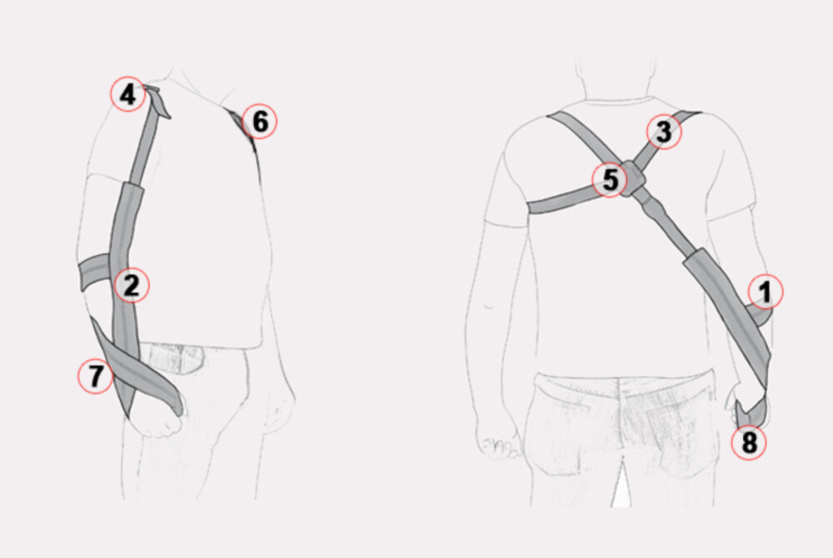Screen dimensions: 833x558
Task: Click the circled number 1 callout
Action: click(765, 292)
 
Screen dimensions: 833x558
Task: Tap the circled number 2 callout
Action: click(132, 285)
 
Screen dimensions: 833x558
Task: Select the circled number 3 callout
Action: click(664, 132)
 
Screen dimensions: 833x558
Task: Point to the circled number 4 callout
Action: click(127, 94)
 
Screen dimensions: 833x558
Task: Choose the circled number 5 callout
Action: click(610, 180)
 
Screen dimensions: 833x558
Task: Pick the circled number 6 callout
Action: click(260, 121)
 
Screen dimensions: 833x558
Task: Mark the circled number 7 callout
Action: click(96, 376)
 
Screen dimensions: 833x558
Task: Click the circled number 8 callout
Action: click(749, 442)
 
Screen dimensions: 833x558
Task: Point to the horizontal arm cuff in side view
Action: click(96, 272)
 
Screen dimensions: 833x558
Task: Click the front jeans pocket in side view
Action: click(172, 358)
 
